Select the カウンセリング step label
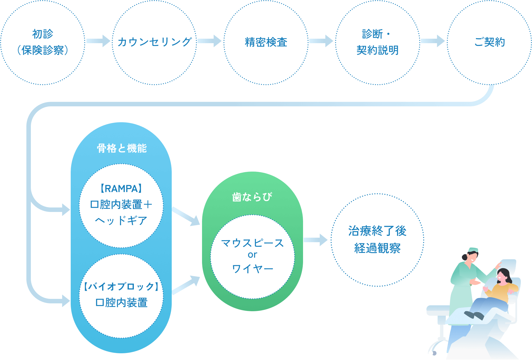pos(154,42)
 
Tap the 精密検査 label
pos(266,42)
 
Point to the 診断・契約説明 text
pos(377,42)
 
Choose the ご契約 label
pos(489,42)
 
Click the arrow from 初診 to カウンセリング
pos(98,41)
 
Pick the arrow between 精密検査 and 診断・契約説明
pos(322,41)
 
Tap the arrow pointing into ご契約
pos(433,41)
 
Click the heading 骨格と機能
pos(121,148)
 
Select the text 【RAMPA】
pos(121,189)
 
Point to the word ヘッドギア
pos(121,220)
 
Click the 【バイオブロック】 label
pos(121,287)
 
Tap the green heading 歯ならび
pos(252,197)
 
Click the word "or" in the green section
pos(252,255)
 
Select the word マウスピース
pos(252,243)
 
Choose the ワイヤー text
pos(252,269)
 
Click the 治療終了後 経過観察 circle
pos(377,240)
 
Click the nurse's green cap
pos(473,250)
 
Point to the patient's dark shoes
pos(474,315)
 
